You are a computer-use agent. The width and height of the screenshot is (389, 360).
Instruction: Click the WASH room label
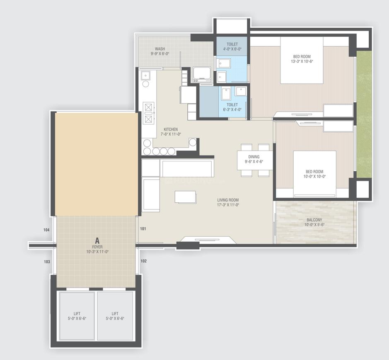(x=159, y=48)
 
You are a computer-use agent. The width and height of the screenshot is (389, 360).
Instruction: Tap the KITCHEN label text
(x=170, y=130)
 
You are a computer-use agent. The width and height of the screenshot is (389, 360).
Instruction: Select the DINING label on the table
(x=254, y=157)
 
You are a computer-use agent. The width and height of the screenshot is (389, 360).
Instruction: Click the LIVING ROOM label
(x=228, y=200)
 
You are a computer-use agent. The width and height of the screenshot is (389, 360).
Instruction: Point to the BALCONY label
(x=315, y=220)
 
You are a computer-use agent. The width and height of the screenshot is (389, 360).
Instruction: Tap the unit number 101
(x=143, y=228)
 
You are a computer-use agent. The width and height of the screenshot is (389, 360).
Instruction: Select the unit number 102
(x=143, y=261)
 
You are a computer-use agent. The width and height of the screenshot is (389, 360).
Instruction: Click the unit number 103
(x=47, y=262)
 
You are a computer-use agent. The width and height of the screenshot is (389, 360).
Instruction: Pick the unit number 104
(x=46, y=230)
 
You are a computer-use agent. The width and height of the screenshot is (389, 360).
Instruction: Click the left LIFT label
(x=77, y=314)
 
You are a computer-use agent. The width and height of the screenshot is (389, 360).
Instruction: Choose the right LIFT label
(x=115, y=314)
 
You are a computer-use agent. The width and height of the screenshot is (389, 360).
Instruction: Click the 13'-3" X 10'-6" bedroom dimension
(x=302, y=62)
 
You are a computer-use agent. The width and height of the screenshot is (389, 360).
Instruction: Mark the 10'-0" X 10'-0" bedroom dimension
(x=314, y=177)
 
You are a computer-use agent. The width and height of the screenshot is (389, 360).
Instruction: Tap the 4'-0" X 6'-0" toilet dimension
(x=232, y=49)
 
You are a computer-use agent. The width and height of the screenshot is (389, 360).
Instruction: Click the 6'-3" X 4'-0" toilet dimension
(x=232, y=110)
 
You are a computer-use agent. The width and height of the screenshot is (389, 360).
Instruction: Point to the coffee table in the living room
(x=185, y=197)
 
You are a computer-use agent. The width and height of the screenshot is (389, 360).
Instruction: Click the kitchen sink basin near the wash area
(x=145, y=75)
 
